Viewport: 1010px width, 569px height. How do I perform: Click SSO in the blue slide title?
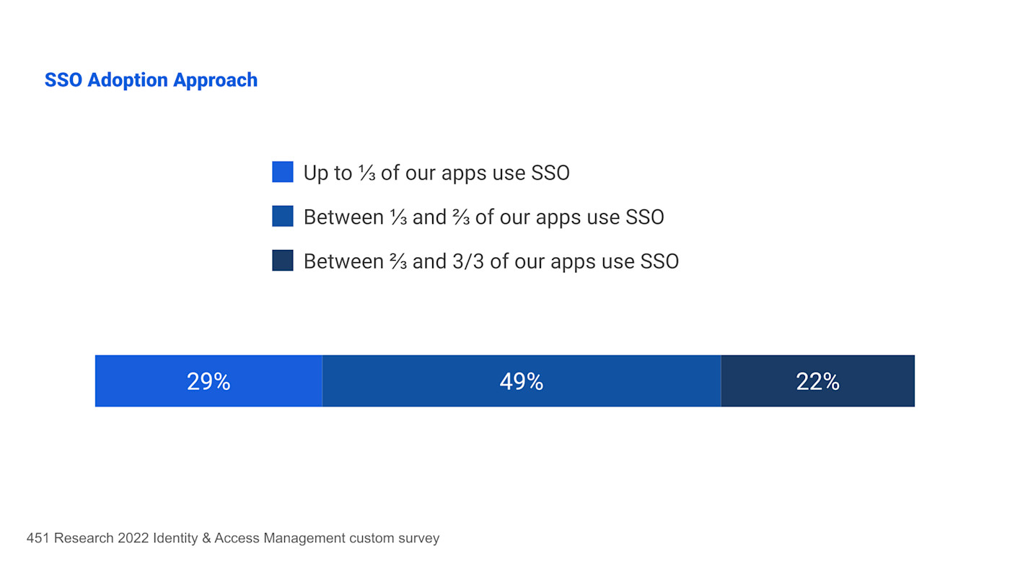[63, 80]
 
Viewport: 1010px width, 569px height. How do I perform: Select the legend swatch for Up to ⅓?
[283, 172]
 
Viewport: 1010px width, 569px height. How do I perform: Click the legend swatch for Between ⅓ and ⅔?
[283, 217]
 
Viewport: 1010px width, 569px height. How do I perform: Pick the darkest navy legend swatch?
[283, 261]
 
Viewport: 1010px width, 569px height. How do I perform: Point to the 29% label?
[208, 381]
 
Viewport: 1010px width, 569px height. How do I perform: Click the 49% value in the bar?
[521, 381]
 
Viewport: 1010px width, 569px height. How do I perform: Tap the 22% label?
[817, 381]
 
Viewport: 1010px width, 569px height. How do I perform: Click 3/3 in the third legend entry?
[469, 261]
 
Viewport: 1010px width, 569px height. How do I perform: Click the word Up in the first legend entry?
[316, 173]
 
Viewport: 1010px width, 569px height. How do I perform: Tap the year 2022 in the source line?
[133, 538]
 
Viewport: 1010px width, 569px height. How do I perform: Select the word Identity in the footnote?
[175, 538]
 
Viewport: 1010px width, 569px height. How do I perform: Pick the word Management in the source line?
[304, 538]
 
